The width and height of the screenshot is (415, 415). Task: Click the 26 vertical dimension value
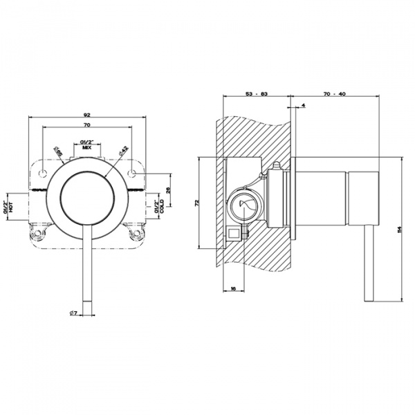point(167,190)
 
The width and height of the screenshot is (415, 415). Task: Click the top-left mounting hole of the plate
point(43,172)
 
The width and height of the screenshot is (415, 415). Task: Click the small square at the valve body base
point(234,234)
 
